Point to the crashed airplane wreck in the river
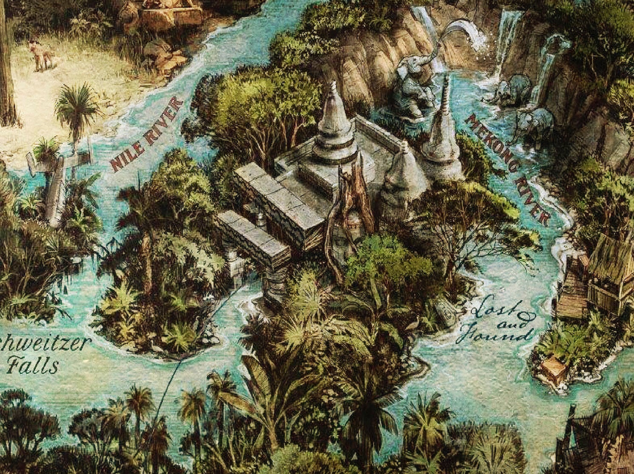click(59, 178)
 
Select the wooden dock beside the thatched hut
click(572, 293)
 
